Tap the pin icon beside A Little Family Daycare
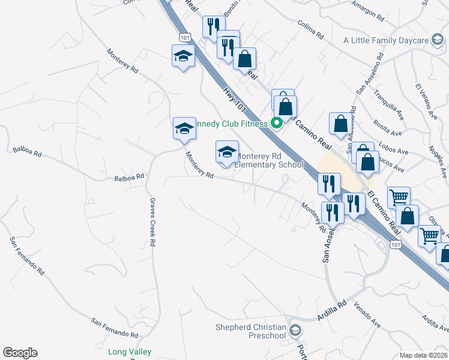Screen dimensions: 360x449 click(438, 41)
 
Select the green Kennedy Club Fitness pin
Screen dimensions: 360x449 click(277, 124)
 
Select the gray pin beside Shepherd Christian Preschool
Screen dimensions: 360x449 click(295, 330)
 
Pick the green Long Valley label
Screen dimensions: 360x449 click(130, 352)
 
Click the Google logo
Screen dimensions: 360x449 click(20, 353)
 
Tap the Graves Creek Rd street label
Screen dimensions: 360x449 click(152, 222)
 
